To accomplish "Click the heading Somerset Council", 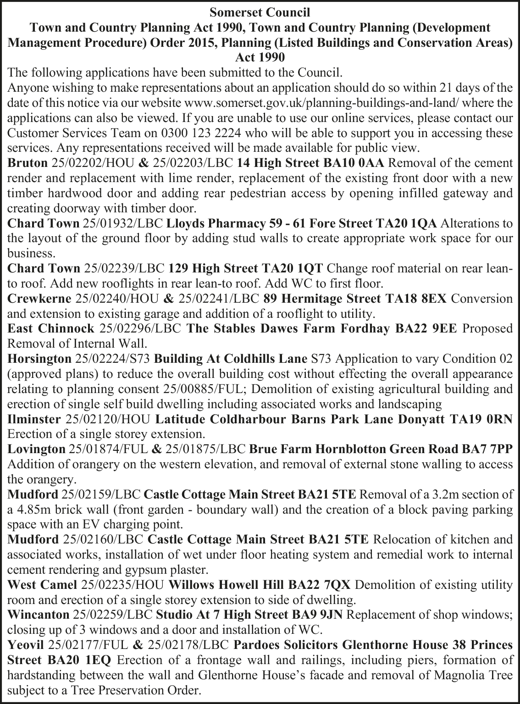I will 260,12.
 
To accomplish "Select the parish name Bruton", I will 28,163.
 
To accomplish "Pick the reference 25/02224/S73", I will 112,358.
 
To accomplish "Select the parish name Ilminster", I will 34,419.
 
